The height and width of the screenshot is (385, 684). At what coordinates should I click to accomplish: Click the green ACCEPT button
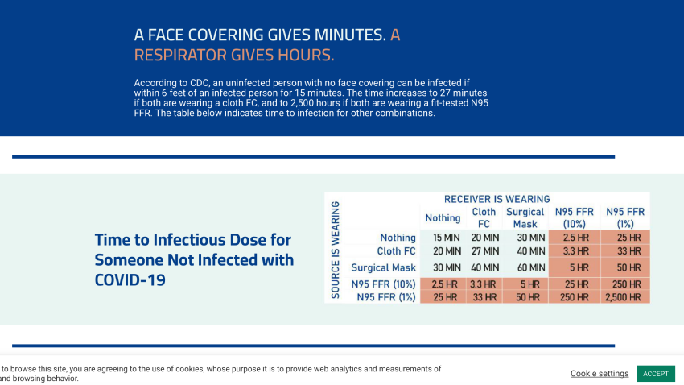coord(655,374)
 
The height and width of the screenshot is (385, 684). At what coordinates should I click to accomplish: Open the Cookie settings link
coord(600,374)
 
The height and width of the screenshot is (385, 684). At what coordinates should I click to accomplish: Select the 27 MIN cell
coord(484,251)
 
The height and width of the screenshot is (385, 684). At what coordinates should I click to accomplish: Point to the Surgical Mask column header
coord(525,217)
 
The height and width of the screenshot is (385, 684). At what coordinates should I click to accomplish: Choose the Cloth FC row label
coord(396,251)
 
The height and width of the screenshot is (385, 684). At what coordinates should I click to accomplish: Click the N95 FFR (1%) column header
coord(624,217)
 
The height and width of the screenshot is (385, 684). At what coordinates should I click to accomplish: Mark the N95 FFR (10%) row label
coord(383,284)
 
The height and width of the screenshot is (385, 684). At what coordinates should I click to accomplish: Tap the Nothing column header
coord(443,217)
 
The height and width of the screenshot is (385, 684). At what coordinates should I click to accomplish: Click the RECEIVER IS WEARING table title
coord(497,199)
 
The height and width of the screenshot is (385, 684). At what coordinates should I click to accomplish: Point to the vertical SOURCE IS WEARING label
coord(336,249)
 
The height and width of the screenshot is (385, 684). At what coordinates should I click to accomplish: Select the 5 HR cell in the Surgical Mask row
coord(574,267)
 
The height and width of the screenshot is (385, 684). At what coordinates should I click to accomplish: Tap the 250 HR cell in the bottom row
coord(574,297)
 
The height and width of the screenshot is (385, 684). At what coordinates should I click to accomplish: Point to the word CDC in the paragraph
coord(200,82)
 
